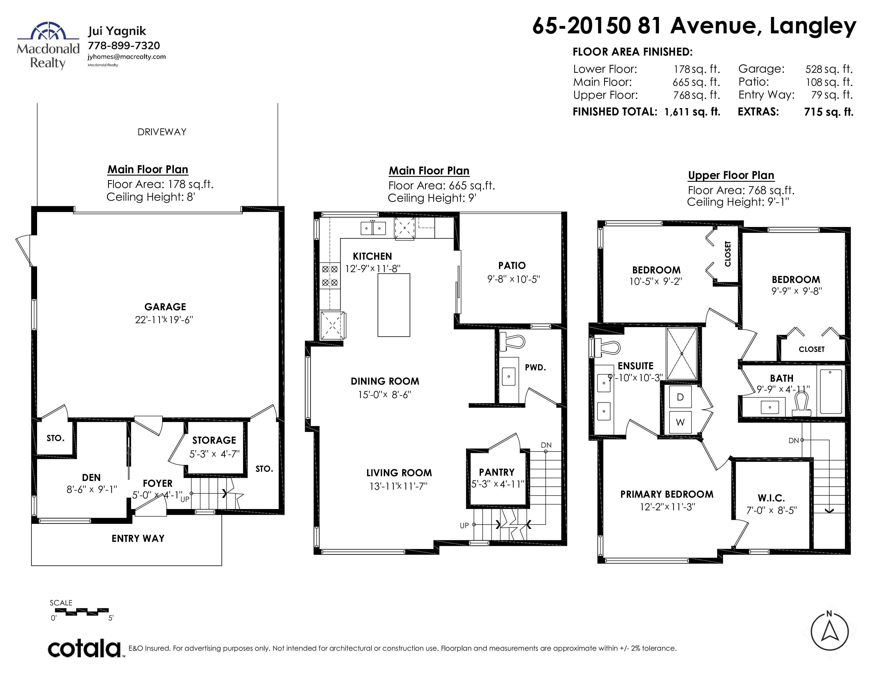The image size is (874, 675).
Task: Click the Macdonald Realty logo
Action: point(48,46)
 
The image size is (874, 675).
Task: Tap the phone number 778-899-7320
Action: point(124,46)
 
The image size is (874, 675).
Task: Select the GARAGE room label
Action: point(165,307)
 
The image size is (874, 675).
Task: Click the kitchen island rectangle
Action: point(394,305)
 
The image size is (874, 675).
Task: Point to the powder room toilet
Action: point(512,341)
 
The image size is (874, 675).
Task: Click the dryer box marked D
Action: point(680,397)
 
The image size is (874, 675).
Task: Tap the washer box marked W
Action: point(680,422)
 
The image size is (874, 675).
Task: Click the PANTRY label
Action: point(497,472)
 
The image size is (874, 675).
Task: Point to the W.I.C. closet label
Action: point(771,498)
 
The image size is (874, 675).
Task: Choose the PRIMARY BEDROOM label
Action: point(667,494)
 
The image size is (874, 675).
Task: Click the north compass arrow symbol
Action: point(830,632)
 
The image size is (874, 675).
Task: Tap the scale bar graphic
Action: point(82,611)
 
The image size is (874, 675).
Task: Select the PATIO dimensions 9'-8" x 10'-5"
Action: point(514,279)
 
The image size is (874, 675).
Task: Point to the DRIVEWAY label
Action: point(162,132)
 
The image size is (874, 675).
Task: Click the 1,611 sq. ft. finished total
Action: point(692,112)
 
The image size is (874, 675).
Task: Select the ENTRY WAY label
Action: point(138,539)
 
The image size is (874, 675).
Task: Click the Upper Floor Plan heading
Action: point(731,175)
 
